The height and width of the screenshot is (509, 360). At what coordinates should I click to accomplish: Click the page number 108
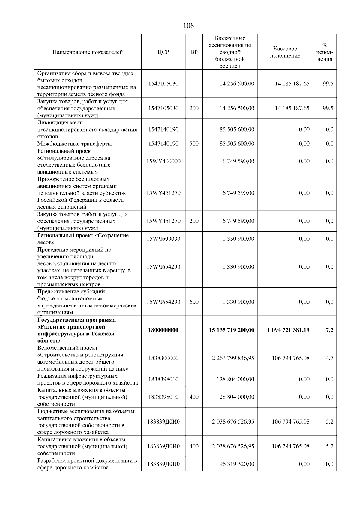point(188,26)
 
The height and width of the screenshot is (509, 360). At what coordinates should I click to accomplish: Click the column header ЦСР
point(163,52)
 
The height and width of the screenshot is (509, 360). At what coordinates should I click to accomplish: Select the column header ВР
point(194,52)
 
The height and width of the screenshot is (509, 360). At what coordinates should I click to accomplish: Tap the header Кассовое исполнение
point(285,52)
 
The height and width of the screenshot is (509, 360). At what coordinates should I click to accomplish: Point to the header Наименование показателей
point(88,52)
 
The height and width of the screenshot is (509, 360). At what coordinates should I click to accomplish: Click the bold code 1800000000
point(163,330)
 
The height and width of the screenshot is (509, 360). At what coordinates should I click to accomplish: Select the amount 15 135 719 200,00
point(232,330)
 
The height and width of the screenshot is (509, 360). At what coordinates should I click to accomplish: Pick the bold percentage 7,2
point(329,330)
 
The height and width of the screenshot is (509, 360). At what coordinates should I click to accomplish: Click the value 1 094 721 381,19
point(288,330)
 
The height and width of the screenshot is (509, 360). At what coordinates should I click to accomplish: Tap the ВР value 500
point(194,144)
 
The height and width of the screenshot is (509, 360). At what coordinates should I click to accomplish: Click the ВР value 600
point(194,302)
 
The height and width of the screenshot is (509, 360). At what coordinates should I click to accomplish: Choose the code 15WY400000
point(163,161)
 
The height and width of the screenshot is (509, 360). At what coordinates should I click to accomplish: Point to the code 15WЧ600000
point(163,239)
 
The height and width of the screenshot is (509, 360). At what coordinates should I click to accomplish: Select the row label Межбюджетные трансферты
point(74,144)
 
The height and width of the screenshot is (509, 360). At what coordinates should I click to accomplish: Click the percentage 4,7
point(329,358)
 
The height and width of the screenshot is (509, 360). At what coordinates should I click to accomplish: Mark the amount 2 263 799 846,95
point(233,358)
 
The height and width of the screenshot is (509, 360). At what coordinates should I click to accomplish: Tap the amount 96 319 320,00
point(237,464)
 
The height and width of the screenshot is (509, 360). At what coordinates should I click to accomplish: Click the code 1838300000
point(163,358)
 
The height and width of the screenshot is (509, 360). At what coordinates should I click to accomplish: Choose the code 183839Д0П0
point(163,464)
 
